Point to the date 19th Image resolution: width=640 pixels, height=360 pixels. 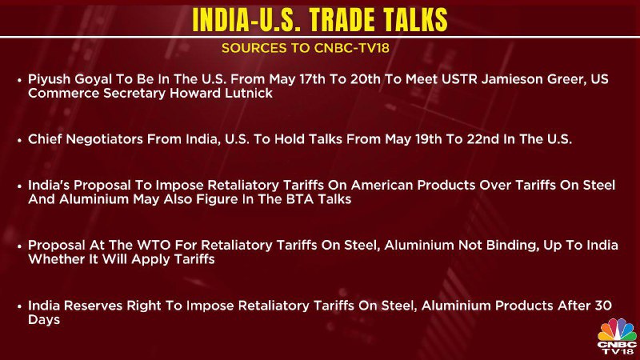(428, 139)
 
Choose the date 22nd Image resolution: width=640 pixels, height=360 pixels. (483, 139)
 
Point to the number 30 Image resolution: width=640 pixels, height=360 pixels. (603, 306)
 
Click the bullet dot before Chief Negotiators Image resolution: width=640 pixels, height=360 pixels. (19, 140)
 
